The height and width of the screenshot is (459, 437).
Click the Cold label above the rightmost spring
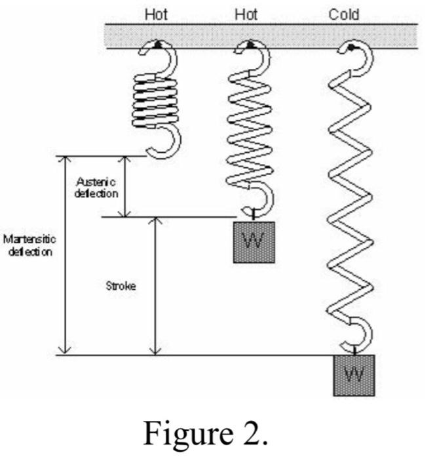pyautogui.click(x=345, y=14)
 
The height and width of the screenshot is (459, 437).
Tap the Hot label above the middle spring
pyautogui.click(x=249, y=14)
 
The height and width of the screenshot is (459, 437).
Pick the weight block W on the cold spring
pyautogui.click(x=354, y=375)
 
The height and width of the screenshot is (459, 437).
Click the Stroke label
pyautogui.click(x=121, y=287)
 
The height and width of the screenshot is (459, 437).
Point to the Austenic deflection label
pyautogui.click(x=96, y=188)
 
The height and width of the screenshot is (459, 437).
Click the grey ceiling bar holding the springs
pyautogui.click(x=262, y=33)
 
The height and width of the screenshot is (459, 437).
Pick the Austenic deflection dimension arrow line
pyautogui.click(x=125, y=187)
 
